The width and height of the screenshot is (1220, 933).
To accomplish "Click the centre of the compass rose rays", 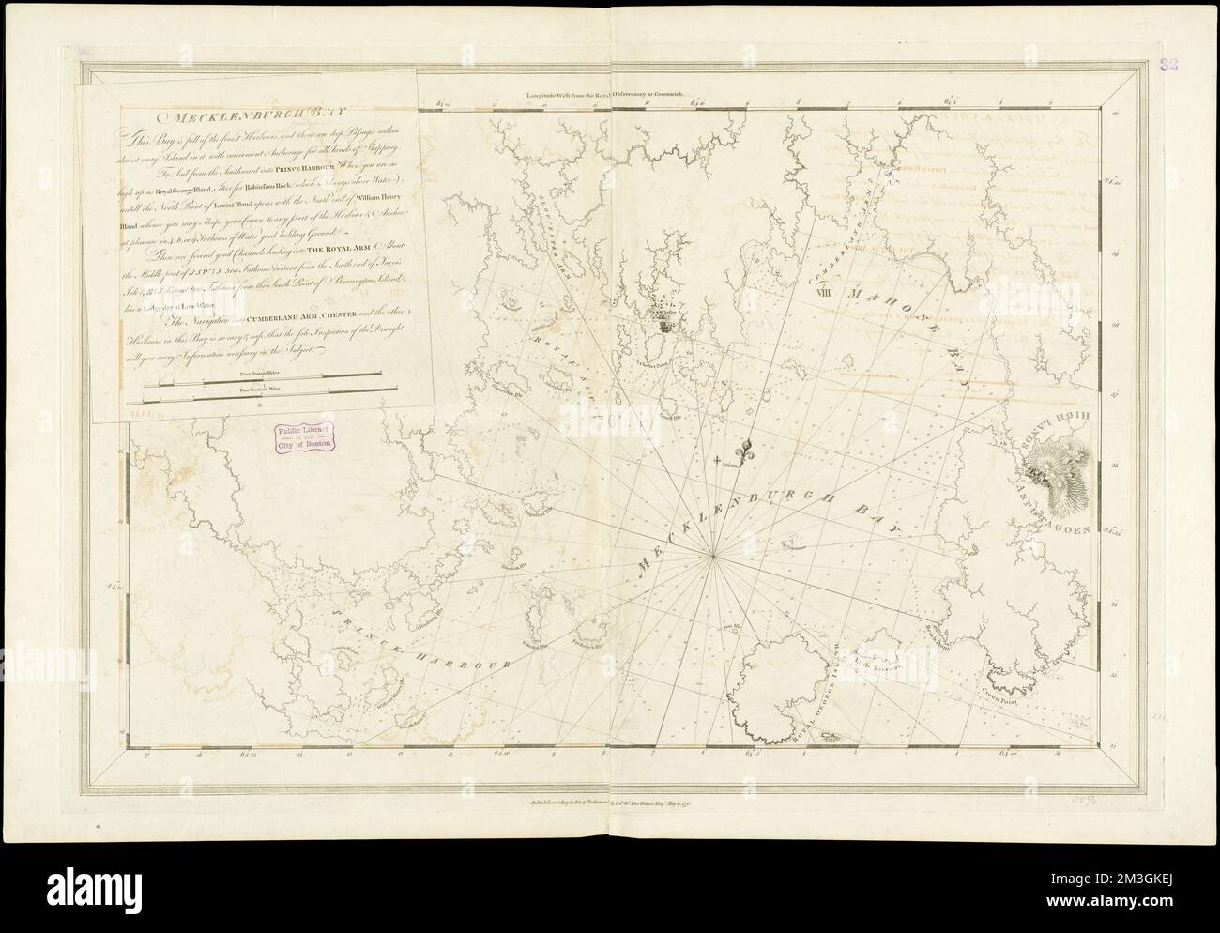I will point(715,556).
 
